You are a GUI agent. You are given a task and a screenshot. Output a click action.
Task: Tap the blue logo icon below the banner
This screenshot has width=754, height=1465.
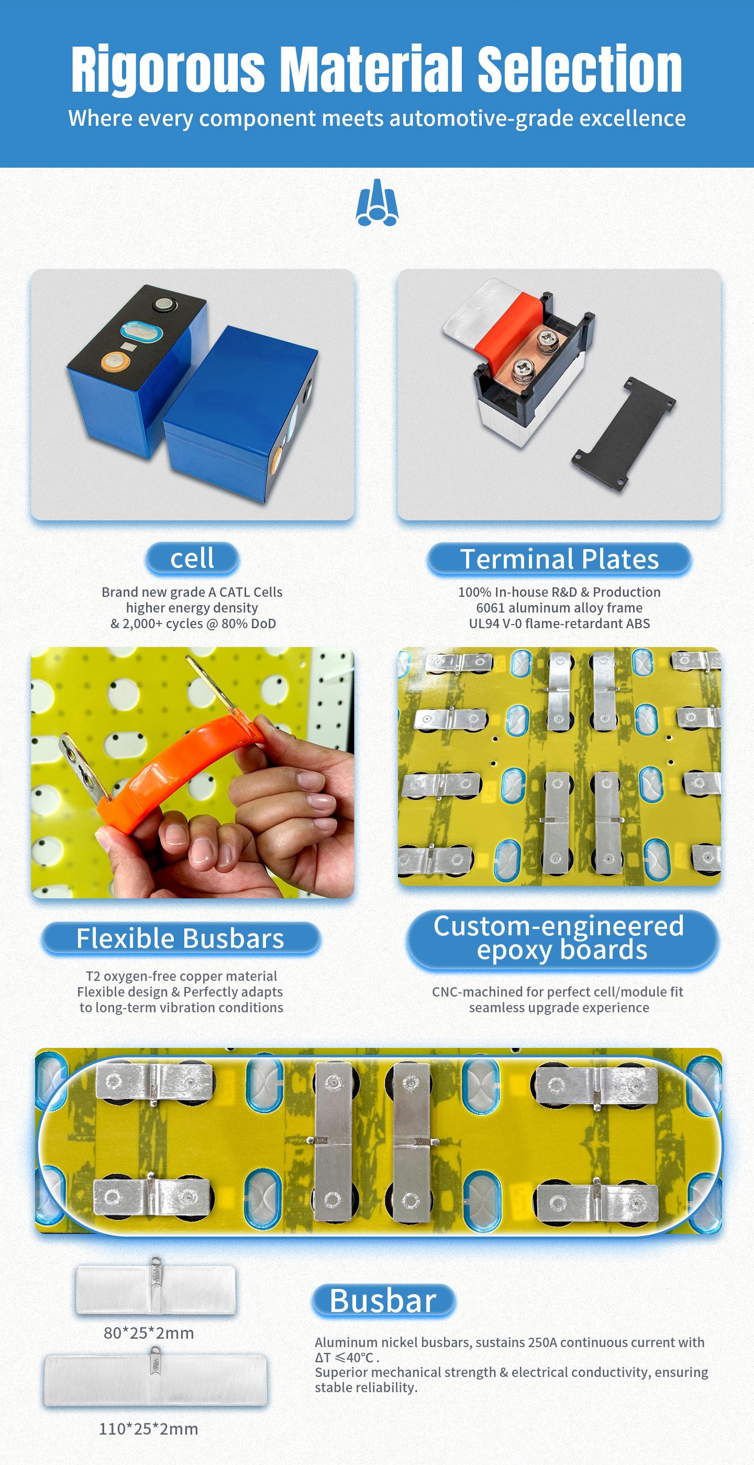[x=376, y=202]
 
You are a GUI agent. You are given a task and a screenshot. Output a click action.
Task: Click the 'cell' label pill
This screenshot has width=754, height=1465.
[x=192, y=559]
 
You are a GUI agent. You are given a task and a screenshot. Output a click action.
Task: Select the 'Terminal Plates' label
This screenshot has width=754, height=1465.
[x=559, y=559]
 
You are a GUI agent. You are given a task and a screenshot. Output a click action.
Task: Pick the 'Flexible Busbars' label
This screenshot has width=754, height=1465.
[x=180, y=938]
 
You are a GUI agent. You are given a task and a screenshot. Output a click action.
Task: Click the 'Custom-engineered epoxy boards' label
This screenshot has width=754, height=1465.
[x=562, y=938]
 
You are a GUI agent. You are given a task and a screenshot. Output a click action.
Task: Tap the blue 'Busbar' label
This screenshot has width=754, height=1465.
[x=383, y=1300]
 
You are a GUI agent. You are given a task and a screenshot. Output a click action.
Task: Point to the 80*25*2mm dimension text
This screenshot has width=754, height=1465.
[x=149, y=1333]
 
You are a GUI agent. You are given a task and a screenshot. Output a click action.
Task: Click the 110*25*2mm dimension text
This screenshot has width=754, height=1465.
[x=149, y=1429]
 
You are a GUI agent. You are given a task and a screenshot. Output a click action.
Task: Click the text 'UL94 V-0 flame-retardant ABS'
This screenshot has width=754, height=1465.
[x=559, y=624]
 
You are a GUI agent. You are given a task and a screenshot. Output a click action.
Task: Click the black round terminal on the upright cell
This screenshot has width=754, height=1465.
[x=165, y=305]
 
